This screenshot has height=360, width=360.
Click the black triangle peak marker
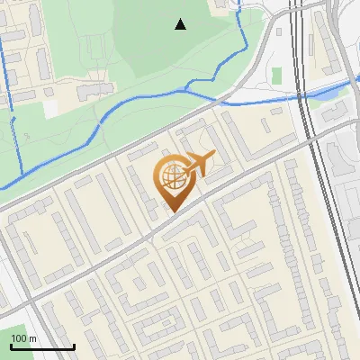[x=181, y=24]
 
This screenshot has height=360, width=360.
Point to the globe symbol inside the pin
[x=171, y=176]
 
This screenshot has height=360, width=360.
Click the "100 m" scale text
[x=24, y=338]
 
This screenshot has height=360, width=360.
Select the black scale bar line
[x=42, y=346]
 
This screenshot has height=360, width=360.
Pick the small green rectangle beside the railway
[x=277, y=74]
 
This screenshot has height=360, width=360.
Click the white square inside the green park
[x=51, y=107]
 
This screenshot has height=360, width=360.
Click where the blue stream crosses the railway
[x=300, y=98]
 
